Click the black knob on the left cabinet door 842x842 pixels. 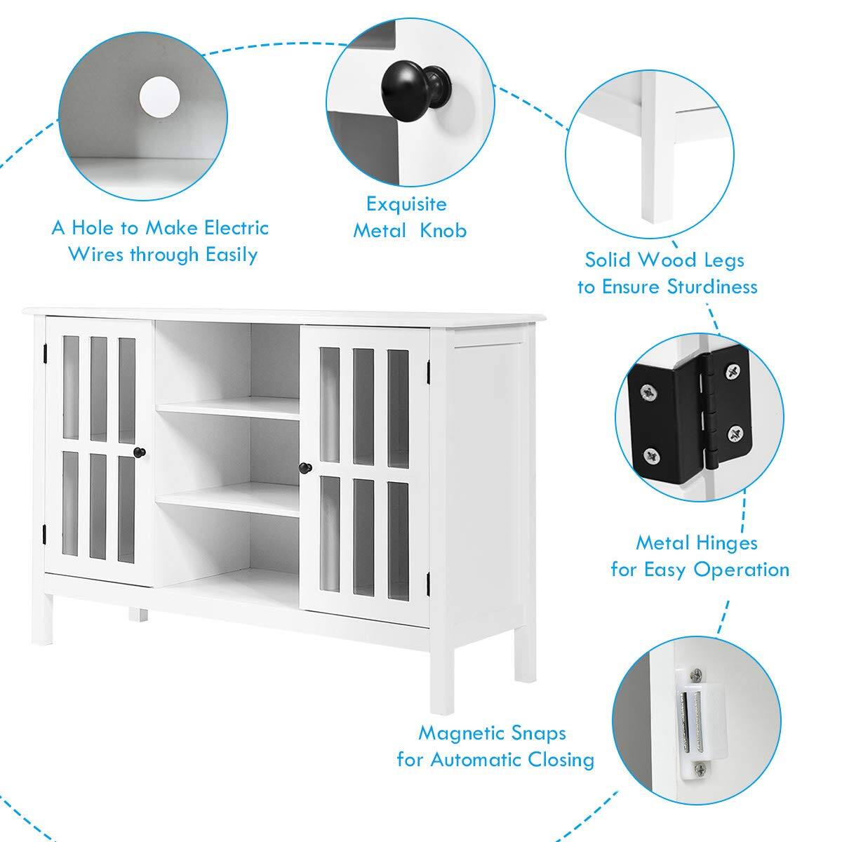pos(140,453)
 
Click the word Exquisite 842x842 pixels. pos(406,204)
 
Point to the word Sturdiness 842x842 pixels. pos(712,287)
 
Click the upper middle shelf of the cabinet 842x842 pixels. pos(228,409)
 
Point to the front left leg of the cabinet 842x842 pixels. pos(44,618)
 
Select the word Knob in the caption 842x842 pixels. pos(443,231)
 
